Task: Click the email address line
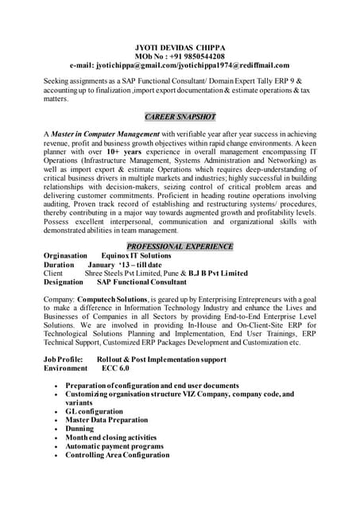(180, 65)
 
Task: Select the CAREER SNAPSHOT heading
(180, 116)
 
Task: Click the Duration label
(59, 264)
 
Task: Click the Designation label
(64, 282)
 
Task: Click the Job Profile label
(60, 359)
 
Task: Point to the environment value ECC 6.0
(116, 368)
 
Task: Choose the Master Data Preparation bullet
(106, 420)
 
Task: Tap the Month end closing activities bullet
(110, 437)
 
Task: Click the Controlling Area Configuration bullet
(118, 455)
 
